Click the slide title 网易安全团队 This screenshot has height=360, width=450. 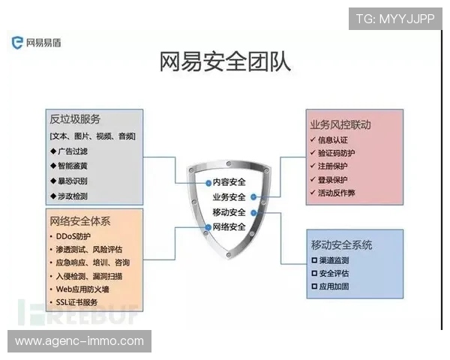225,63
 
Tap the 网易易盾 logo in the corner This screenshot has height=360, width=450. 37,43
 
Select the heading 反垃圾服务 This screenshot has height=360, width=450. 75,120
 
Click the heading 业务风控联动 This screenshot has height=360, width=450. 340,124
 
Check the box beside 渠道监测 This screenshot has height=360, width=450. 314,260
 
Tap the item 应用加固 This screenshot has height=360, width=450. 334,286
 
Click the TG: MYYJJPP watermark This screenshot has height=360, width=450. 395,17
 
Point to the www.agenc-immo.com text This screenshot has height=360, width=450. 79,341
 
